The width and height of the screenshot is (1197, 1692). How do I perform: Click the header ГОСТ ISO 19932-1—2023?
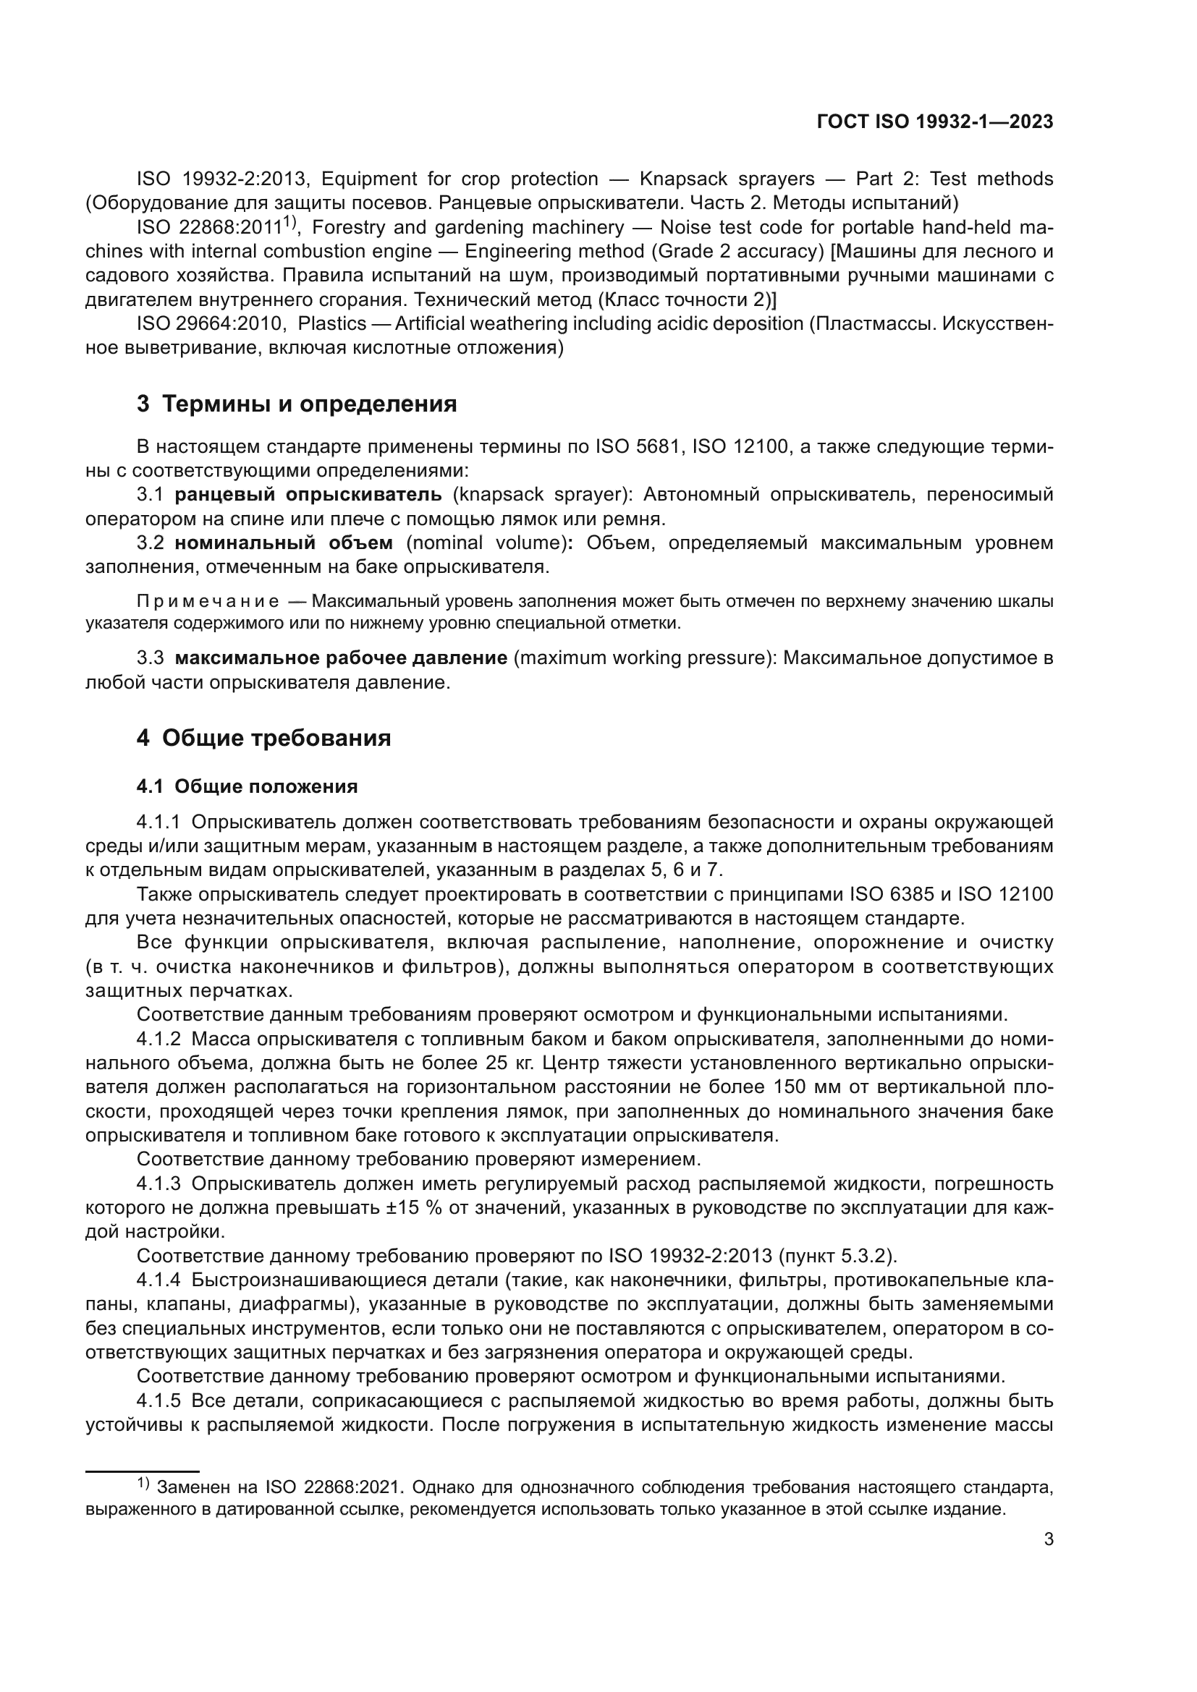(934, 122)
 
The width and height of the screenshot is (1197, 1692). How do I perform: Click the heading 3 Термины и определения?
(296, 404)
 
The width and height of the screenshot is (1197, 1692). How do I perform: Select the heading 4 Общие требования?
(263, 738)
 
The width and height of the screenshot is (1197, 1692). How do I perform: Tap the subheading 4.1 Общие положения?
(247, 786)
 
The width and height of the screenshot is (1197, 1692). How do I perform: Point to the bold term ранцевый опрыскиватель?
(308, 495)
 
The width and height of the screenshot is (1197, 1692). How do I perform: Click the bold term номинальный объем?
(284, 543)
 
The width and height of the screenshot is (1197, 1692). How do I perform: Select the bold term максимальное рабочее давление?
(341, 658)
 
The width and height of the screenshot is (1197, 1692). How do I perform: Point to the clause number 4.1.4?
(158, 1280)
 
